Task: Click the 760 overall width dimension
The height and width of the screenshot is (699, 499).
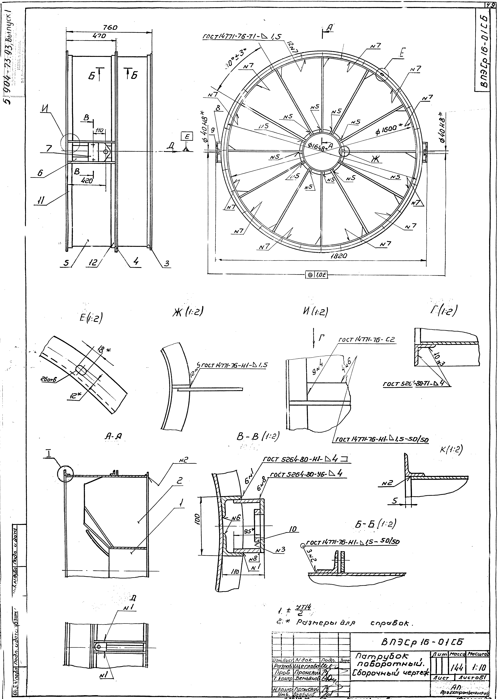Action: pyautogui.click(x=110, y=28)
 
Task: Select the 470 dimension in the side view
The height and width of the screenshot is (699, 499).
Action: pyautogui.click(x=99, y=36)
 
